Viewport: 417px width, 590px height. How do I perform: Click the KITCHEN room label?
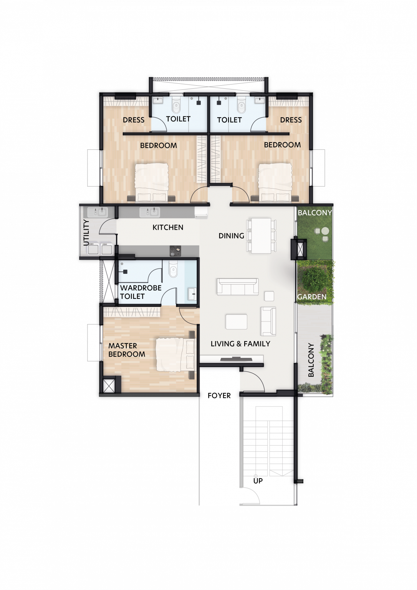tap(168, 227)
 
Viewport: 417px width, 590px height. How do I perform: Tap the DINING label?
tap(232, 236)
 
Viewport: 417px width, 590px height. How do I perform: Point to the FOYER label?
tap(219, 396)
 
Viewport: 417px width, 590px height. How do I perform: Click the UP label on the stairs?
tap(258, 481)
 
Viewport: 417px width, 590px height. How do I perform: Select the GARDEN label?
tap(312, 297)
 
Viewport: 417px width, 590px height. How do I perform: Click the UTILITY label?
tap(86, 232)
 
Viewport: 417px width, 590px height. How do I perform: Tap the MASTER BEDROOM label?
tap(127, 350)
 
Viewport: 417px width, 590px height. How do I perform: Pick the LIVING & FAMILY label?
tap(240, 344)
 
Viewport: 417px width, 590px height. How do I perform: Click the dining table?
tap(261, 235)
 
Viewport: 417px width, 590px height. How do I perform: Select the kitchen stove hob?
tap(175, 251)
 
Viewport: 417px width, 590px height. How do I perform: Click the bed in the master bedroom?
tap(175, 355)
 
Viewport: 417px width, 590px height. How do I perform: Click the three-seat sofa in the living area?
tap(238, 287)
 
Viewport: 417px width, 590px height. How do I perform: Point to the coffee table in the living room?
tap(237, 322)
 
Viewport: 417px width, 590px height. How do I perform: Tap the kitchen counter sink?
tap(149, 212)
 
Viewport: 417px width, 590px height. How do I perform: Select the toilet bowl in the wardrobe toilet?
tap(173, 271)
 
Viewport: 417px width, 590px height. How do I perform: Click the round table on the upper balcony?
tap(325, 231)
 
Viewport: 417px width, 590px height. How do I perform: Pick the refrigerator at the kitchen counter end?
tap(201, 213)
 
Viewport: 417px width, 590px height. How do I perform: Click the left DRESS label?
tap(134, 120)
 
